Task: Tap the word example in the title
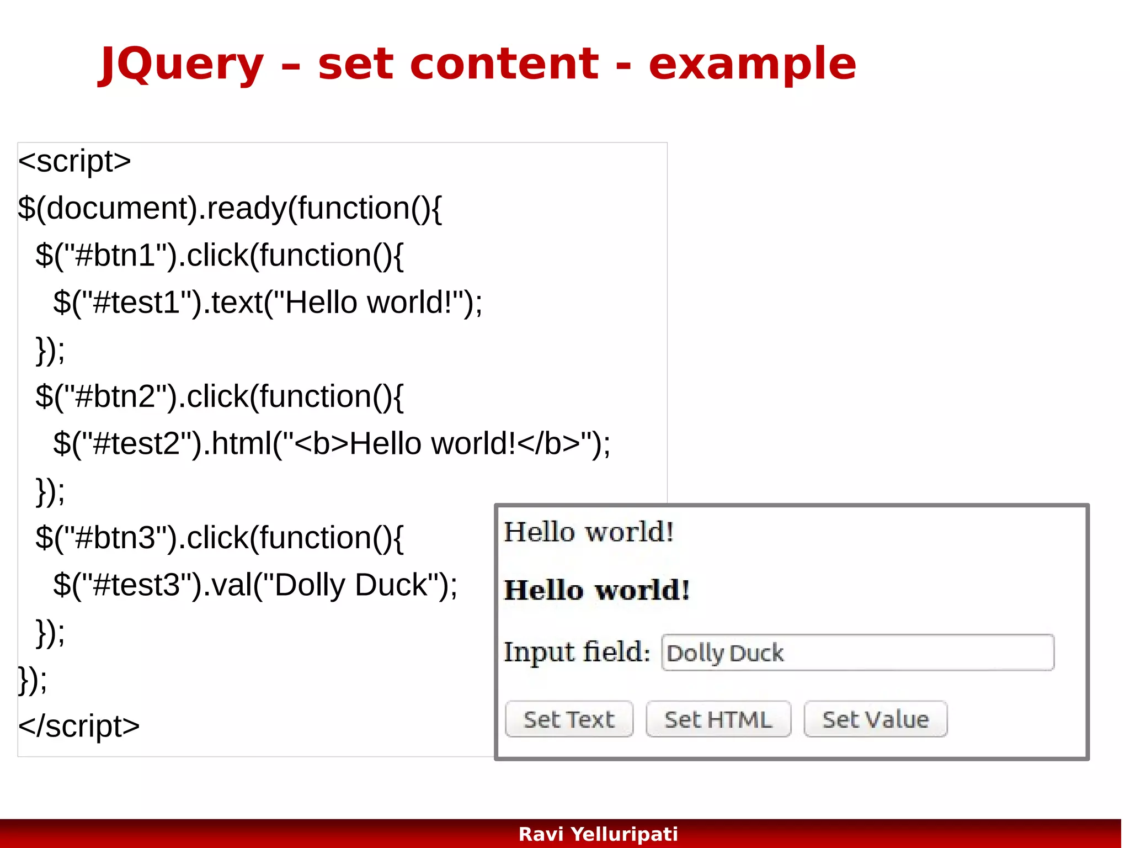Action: click(x=751, y=65)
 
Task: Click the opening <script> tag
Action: click(x=74, y=162)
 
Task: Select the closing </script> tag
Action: click(x=79, y=727)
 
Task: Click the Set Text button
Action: click(x=569, y=719)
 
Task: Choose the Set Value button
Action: click(x=875, y=719)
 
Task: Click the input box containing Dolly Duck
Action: click(x=857, y=653)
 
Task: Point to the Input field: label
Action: click(x=577, y=652)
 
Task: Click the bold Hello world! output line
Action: click(x=597, y=590)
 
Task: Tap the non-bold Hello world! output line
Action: click(x=589, y=532)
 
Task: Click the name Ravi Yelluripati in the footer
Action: click(x=598, y=834)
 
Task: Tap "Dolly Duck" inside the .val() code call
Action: click(x=351, y=586)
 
